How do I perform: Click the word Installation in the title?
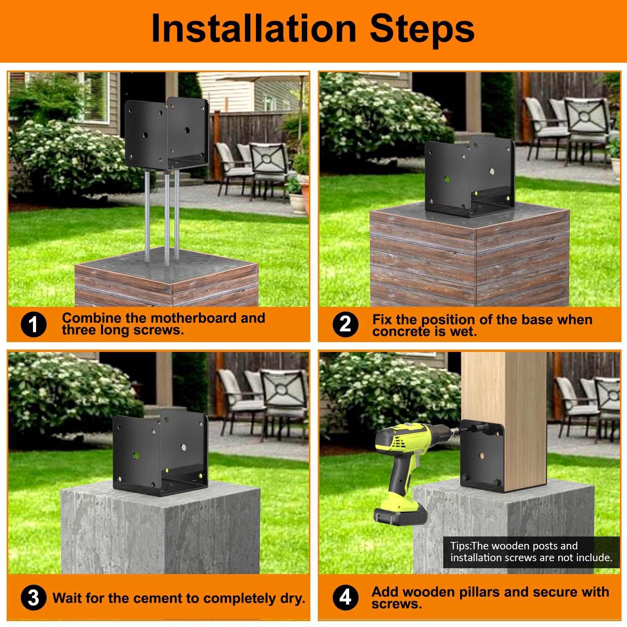(253, 29)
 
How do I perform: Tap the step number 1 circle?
(34, 324)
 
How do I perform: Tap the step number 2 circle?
(345, 324)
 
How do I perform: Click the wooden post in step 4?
(506, 392)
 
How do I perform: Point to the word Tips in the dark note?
(459, 546)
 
